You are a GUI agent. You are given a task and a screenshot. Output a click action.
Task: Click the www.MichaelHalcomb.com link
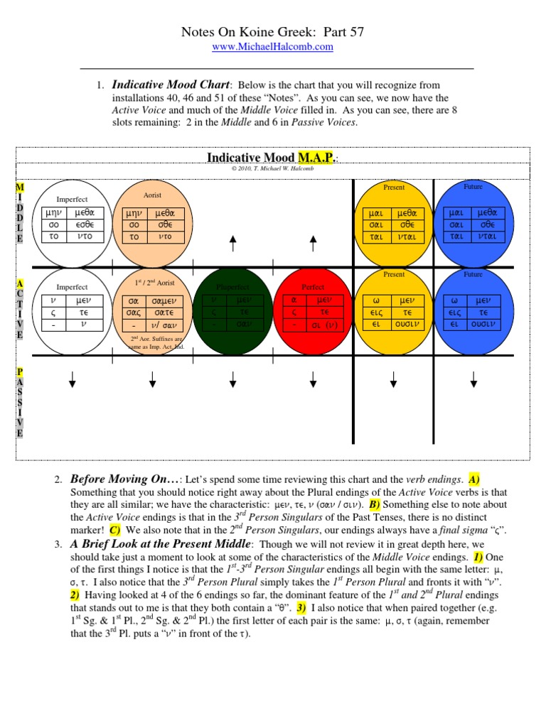273,46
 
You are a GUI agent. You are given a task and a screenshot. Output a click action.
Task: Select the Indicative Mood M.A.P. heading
272,157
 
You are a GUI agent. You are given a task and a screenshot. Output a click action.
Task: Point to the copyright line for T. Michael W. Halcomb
273,169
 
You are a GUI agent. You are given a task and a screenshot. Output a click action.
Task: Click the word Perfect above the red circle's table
313,287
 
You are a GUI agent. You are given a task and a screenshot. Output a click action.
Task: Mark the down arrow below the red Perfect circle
313,384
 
